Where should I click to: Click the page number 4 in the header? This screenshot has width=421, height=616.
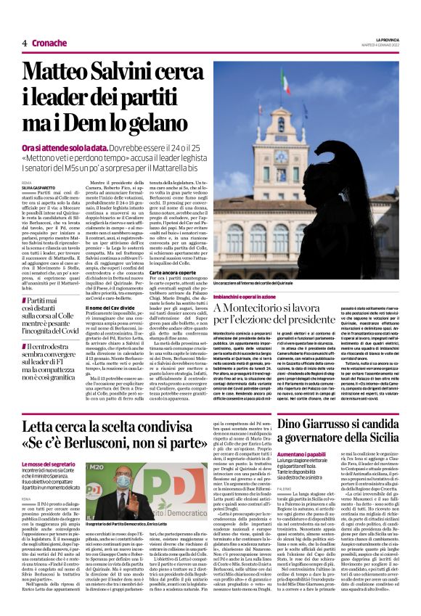pos(25,43)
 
